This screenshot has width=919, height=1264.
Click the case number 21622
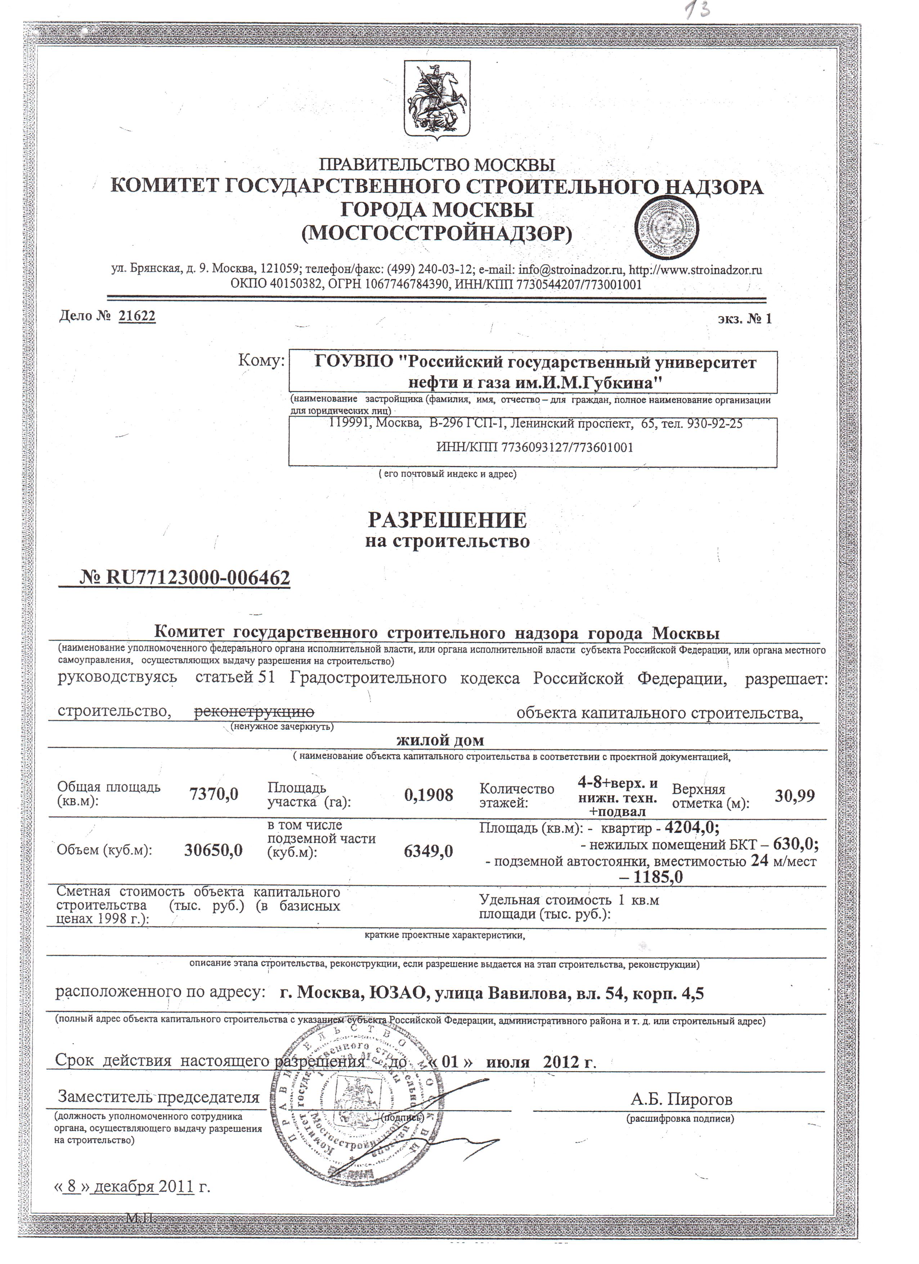137,317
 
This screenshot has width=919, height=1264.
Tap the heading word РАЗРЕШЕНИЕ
447,520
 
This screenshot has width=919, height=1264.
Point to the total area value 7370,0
214,794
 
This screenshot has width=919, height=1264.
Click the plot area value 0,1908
429,795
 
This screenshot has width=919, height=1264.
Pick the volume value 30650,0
214,850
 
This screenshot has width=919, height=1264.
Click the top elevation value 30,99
795,795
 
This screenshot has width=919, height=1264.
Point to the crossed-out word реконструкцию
254,712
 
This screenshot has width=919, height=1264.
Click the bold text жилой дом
440,741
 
